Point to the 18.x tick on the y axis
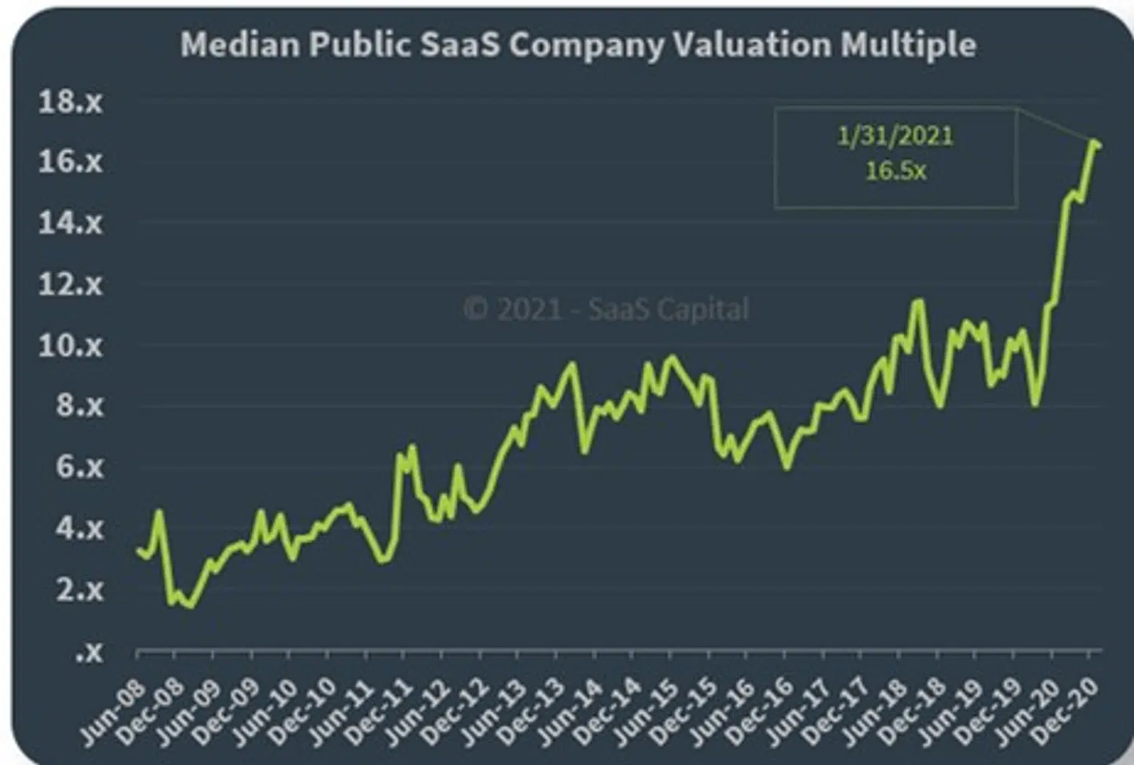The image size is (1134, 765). tap(71, 102)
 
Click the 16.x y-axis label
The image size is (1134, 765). tap(71, 162)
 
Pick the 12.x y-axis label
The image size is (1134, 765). tap(71, 284)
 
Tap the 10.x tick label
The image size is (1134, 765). tap(71, 346)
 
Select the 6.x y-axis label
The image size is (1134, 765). tap(80, 468)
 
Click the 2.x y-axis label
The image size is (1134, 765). tap(80, 589)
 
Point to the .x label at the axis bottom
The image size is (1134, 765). tap(89, 652)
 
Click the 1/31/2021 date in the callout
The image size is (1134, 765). tap(895, 136)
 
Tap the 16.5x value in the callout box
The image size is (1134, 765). tap(895, 171)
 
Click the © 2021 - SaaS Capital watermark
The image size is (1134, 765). tap(606, 309)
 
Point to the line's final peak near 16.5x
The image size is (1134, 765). tap(1094, 142)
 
